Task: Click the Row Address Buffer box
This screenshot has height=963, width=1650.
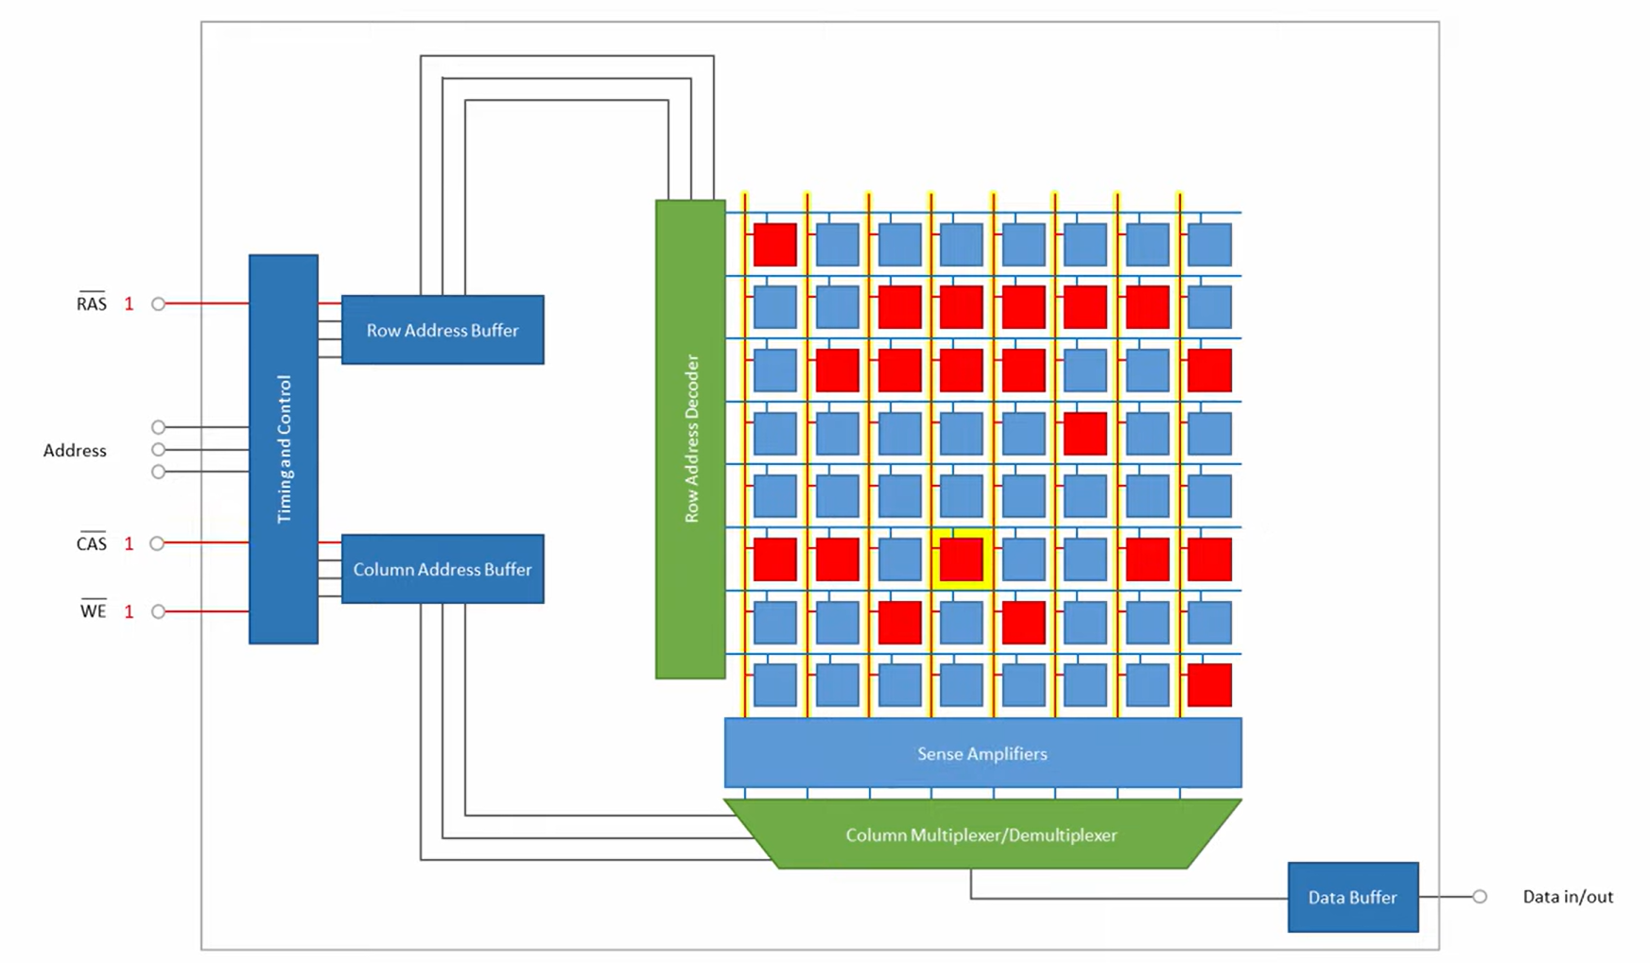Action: [443, 330]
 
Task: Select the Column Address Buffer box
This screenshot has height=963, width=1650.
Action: [443, 569]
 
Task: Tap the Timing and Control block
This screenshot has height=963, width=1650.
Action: [284, 449]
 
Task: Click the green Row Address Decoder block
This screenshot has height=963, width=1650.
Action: [690, 439]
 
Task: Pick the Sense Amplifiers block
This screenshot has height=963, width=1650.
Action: [982, 753]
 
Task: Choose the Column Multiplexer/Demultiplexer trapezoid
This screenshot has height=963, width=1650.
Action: [981, 834]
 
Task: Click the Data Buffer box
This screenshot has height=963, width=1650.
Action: [1352, 897]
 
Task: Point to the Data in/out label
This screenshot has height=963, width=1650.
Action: [1567, 897]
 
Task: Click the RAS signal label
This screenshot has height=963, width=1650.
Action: [92, 303]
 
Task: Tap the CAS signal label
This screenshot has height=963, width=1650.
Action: [92, 543]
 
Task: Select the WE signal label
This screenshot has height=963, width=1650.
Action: [93, 611]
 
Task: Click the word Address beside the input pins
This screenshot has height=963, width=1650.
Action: [75, 451]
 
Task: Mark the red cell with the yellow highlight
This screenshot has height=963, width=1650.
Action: [962, 559]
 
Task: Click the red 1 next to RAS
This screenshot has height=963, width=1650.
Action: [130, 304]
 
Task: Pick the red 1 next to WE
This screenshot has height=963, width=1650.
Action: [130, 612]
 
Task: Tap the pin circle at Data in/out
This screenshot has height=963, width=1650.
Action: [1480, 897]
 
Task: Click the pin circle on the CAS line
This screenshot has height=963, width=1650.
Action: [158, 543]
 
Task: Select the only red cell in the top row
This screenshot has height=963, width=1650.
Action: [775, 245]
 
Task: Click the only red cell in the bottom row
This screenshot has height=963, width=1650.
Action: [1209, 685]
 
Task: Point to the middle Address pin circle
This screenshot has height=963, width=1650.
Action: [159, 450]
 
